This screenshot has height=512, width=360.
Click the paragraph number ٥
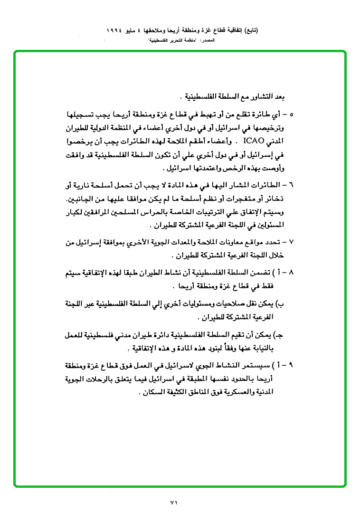tap(291, 114)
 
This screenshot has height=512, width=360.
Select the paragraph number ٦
tap(291, 184)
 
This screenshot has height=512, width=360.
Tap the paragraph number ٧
tap(291, 242)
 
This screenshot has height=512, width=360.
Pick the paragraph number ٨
tap(291, 274)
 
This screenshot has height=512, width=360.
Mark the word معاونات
tap(235, 242)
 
